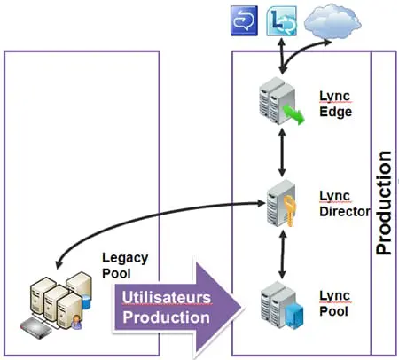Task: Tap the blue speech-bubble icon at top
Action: click(242, 20)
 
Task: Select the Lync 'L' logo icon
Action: click(281, 20)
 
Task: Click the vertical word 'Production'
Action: click(383, 204)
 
